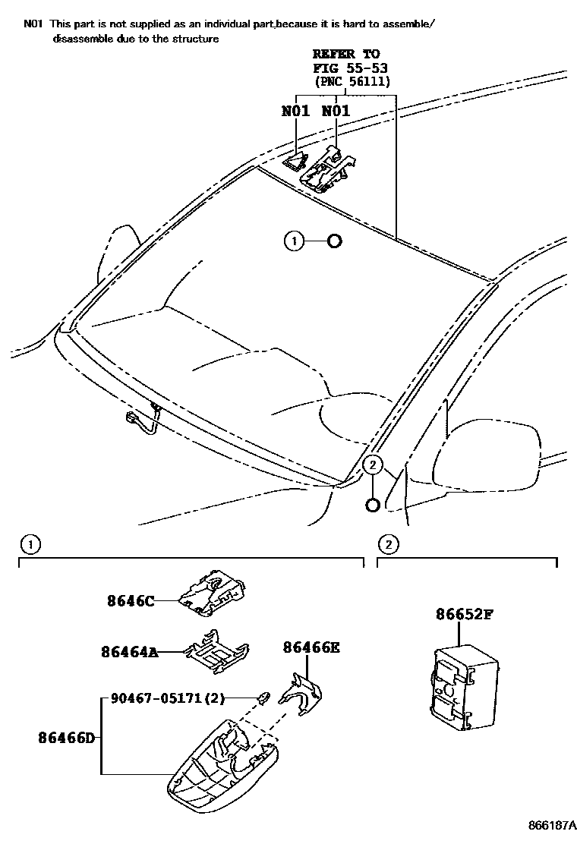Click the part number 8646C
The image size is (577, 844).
coord(131,601)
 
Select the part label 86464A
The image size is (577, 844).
coord(129,651)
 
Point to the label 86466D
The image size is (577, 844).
coord(67,736)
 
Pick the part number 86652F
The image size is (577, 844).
coord(464,615)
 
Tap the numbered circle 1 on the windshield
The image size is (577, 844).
coord(294,241)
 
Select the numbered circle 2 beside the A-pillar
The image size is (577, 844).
coord(373,465)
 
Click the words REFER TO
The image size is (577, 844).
coord(346,54)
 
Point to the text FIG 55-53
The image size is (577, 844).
coord(346,68)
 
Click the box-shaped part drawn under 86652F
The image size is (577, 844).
coord(462,687)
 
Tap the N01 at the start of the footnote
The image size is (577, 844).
coord(33,24)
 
